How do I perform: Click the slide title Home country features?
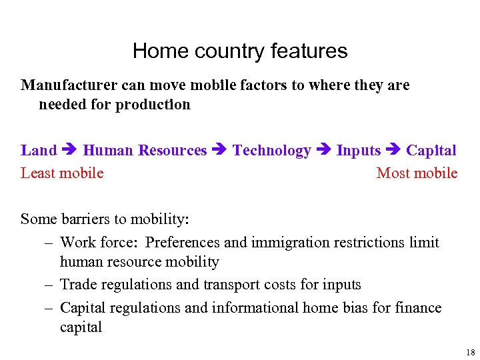(240, 51)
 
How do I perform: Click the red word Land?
(39, 151)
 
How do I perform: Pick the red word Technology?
(271, 151)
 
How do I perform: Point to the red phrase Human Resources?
(145, 151)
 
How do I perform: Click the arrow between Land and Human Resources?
(70, 151)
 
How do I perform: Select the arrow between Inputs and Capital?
(393, 151)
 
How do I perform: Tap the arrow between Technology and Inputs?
(323, 151)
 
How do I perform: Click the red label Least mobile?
(62, 173)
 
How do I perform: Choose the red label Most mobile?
(417, 173)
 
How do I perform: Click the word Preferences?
(183, 243)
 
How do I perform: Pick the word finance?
(417, 307)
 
